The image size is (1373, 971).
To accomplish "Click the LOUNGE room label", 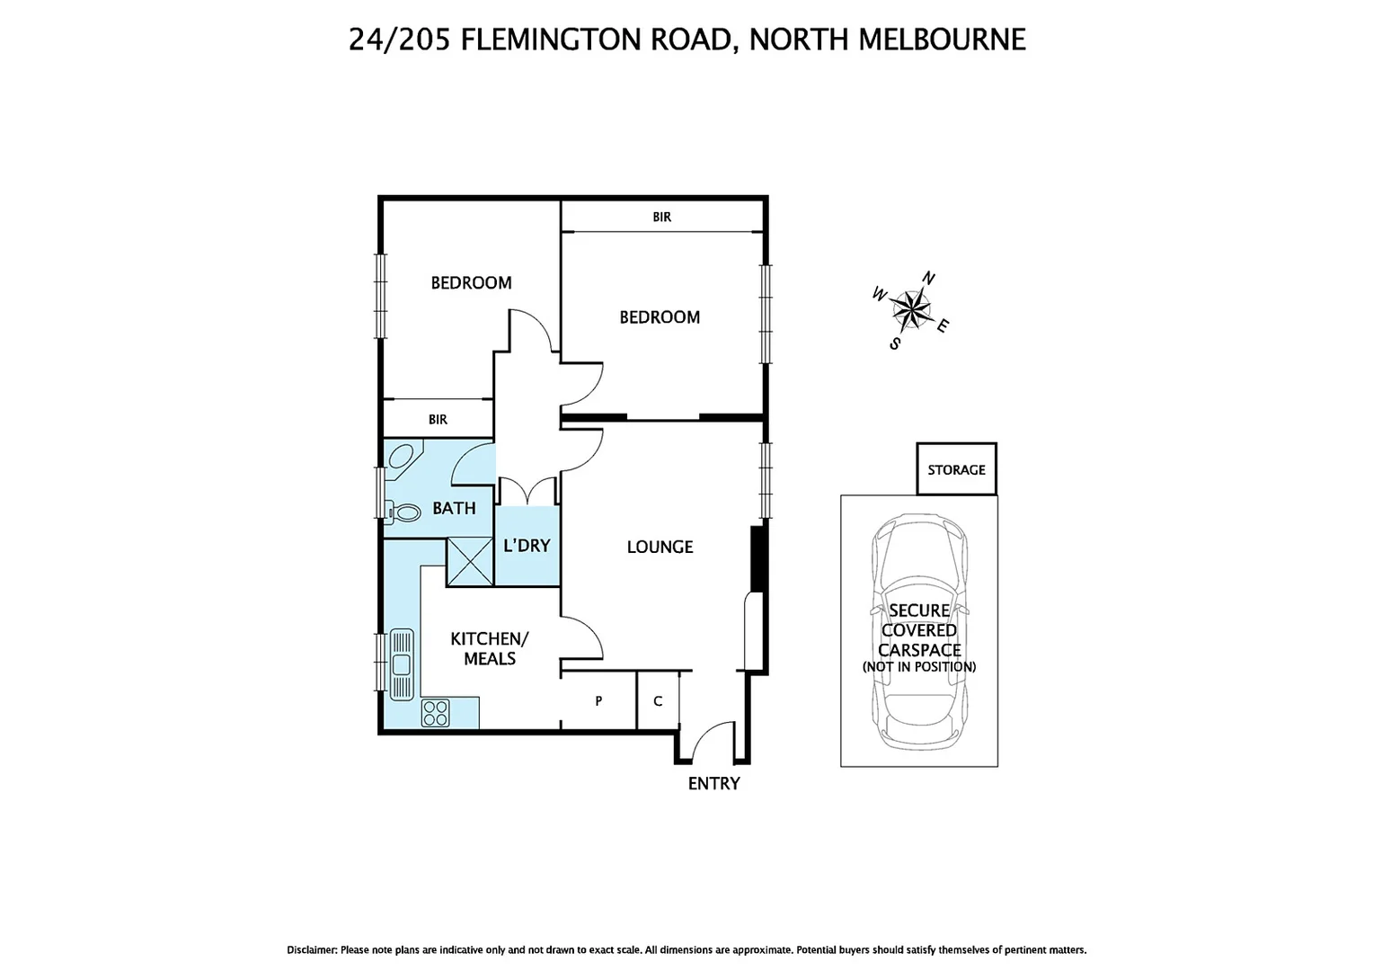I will pos(660,547).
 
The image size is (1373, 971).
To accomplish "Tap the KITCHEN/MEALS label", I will pos(490,648).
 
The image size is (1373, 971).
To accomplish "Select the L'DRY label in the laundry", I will pos(527,546).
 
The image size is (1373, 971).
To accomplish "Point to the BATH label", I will pos(454,508).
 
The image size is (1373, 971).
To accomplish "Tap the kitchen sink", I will pos(401,664).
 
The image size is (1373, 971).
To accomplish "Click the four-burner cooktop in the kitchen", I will pos(436,713).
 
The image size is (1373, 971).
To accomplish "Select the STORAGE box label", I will pos(956,469).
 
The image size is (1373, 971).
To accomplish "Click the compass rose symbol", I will pos(911,310).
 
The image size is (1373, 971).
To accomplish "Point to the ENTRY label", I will pos(713,783).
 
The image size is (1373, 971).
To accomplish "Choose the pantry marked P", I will pos(598,700).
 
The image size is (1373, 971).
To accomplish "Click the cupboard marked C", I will pos(658,700).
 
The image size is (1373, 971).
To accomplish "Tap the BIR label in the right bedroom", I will pos(661,217).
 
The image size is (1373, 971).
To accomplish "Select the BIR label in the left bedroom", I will pos(438,419).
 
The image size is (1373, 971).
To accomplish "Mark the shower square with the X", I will pos(470,560).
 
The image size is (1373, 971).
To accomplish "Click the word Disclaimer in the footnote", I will pos(312,949).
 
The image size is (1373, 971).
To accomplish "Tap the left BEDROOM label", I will pos(471,282).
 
